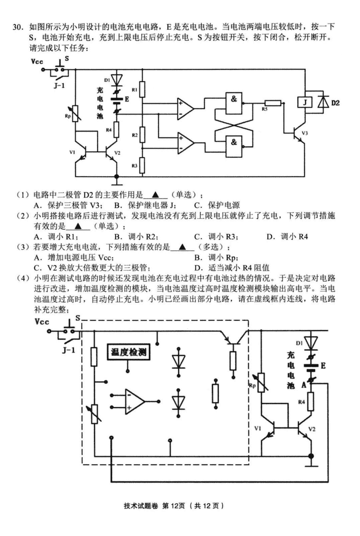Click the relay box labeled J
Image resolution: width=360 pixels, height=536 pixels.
coord(305,103)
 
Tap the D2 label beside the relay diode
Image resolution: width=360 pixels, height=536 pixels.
coord(335,103)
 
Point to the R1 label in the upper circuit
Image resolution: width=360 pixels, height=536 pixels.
coord(134,90)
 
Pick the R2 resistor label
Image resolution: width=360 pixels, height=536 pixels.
coord(135,135)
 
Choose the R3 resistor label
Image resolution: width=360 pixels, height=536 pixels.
coord(135,165)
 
